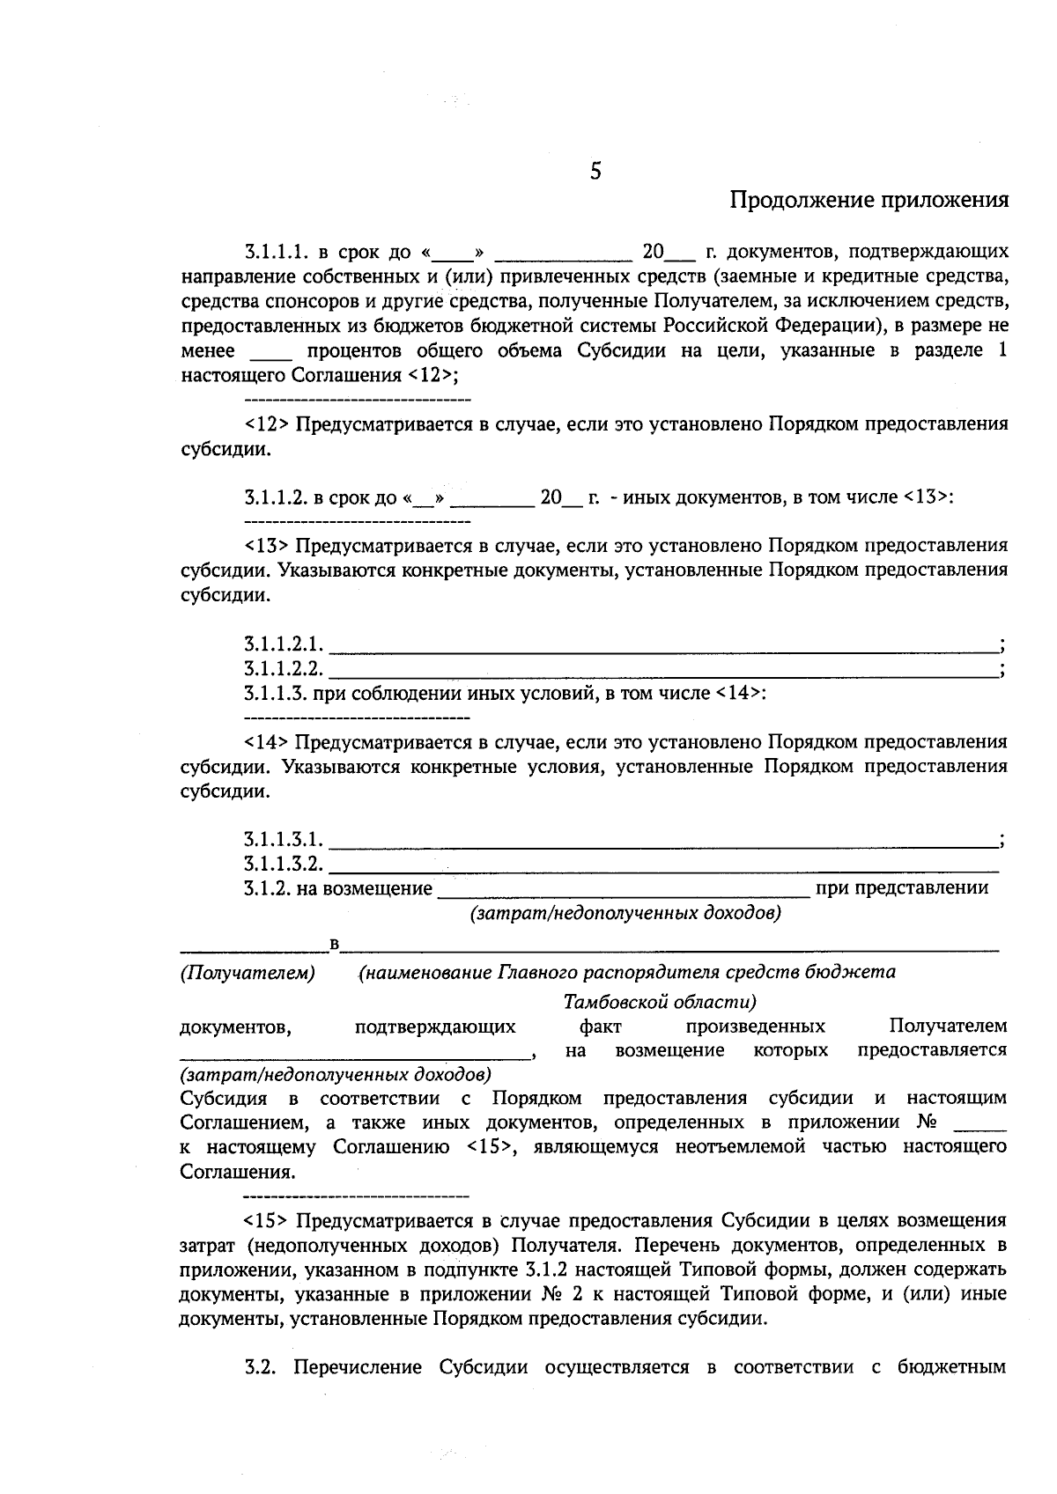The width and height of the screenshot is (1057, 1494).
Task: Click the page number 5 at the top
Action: pos(595,171)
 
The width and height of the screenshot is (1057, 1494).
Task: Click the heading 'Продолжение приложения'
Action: pos(869,201)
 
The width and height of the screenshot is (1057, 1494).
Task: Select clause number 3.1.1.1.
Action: pos(275,253)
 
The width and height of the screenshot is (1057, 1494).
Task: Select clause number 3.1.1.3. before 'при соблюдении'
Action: pos(275,694)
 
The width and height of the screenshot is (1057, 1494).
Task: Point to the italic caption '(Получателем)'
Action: pos(248,973)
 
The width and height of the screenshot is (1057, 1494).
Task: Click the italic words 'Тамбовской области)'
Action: pos(660,1002)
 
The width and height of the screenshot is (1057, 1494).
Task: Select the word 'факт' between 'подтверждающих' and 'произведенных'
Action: pos(601,1027)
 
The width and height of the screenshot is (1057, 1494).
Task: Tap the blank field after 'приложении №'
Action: pos(979,1124)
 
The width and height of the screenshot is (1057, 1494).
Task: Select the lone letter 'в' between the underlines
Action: pos(334,945)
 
